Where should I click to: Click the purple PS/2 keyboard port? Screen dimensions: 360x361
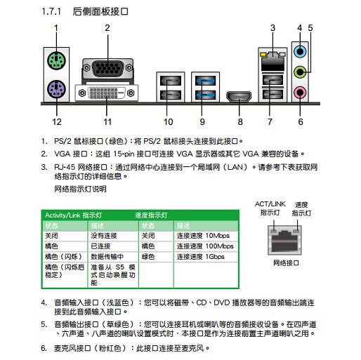[55, 89]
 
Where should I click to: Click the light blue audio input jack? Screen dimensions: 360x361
[301, 50]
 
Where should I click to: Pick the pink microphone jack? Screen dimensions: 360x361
[301, 91]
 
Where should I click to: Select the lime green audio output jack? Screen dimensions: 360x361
[301, 70]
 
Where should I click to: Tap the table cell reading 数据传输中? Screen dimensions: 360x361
[107, 257]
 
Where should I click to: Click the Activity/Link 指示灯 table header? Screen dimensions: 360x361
[74, 215]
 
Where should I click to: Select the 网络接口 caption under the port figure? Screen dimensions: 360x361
[286, 261]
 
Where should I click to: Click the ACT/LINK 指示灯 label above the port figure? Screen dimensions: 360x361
[270, 207]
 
